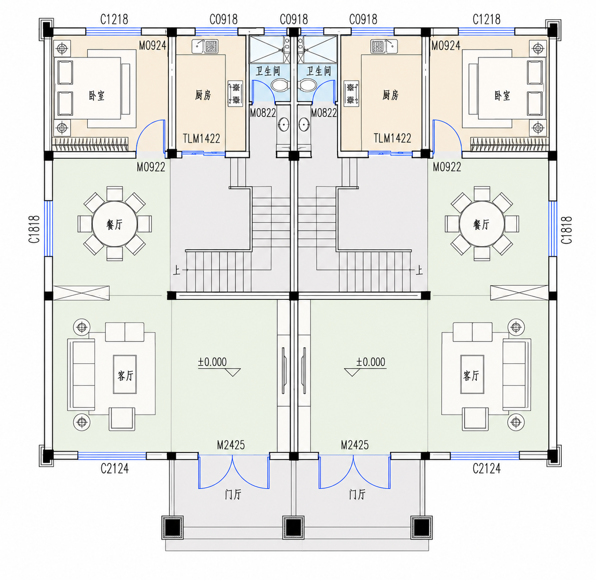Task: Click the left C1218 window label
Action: click(114, 20)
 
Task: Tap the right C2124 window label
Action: click(486, 468)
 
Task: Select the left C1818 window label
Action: click(34, 229)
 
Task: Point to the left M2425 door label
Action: click(231, 445)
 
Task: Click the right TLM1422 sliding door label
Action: click(392, 138)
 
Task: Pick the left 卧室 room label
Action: click(97, 96)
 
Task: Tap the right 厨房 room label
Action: click(391, 95)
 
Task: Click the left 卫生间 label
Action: click(268, 71)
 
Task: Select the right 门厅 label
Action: click(357, 495)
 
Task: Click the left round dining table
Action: click(114, 224)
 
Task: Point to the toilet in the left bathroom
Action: click(279, 85)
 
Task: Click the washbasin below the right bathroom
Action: click(304, 125)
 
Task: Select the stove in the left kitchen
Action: click(235, 93)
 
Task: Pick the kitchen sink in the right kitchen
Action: click(384, 46)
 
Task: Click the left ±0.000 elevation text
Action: click(212, 362)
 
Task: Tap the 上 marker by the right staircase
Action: click(419, 271)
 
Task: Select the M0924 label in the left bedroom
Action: click(152, 45)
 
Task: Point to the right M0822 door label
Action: click(324, 113)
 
